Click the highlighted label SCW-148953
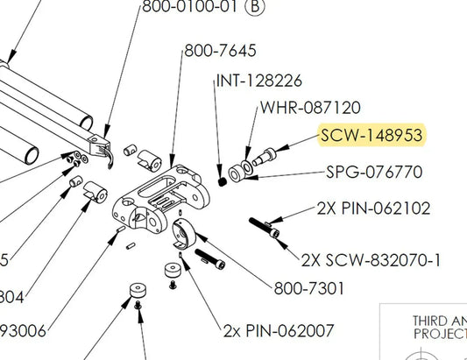(372, 135)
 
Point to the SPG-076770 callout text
(374, 172)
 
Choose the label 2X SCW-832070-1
(371, 260)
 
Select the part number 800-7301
(309, 287)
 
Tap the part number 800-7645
(219, 51)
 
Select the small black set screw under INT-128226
(222, 181)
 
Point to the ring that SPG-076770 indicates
(237, 170)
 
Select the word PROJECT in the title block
(439, 334)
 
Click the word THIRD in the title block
(430, 321)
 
